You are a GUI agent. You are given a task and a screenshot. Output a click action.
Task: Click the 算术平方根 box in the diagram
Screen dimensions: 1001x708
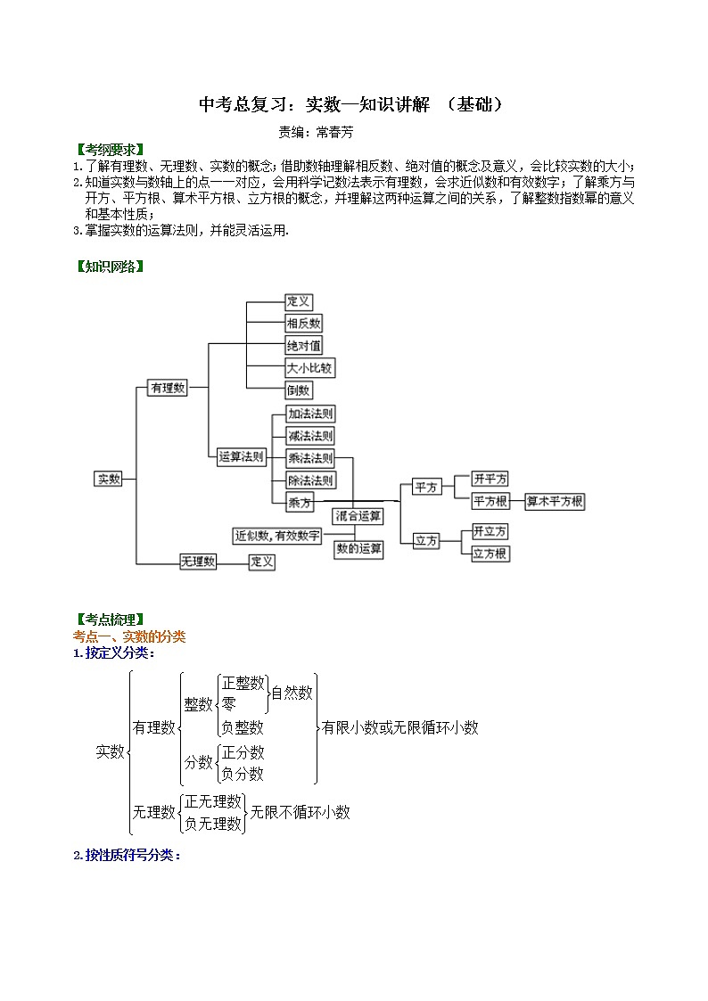555,502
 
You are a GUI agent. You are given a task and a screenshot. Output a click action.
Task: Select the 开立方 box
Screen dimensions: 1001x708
490,531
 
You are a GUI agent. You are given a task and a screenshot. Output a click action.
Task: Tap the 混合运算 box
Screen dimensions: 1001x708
358,515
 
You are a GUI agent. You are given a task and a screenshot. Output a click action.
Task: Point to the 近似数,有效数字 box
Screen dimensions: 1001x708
277,536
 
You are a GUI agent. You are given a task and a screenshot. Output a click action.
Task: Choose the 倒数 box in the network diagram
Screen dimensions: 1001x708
299,390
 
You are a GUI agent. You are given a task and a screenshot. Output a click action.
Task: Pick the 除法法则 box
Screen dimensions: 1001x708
310,480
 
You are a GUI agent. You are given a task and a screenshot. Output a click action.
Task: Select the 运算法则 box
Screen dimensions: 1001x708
242,456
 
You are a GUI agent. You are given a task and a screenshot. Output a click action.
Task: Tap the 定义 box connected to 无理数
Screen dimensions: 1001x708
261,562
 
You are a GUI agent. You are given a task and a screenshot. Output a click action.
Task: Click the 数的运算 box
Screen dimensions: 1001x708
358,549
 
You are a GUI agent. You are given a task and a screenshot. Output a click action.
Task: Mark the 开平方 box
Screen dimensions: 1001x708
490,480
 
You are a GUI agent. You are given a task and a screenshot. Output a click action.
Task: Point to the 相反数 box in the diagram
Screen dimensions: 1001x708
304,323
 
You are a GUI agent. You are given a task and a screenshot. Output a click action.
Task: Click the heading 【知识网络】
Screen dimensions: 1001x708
108,267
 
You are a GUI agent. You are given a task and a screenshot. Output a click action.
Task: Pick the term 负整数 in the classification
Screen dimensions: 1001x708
243,726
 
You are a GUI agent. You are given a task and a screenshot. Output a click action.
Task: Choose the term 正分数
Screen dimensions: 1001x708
243,752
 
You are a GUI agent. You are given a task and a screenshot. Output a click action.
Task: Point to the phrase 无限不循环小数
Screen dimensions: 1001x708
300,812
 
